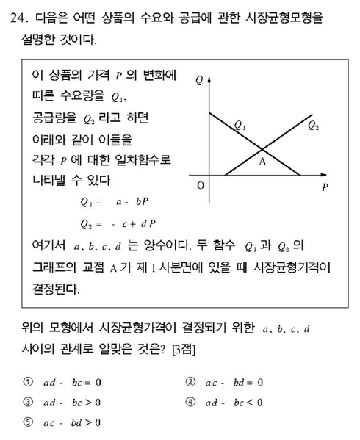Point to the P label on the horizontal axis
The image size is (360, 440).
pos(325,187)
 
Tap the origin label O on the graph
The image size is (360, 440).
pos(199,185)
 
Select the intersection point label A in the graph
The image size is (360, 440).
pos(262,163)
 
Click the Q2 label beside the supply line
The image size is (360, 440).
pos(313,126)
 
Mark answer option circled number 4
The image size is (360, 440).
pos(190,402)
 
